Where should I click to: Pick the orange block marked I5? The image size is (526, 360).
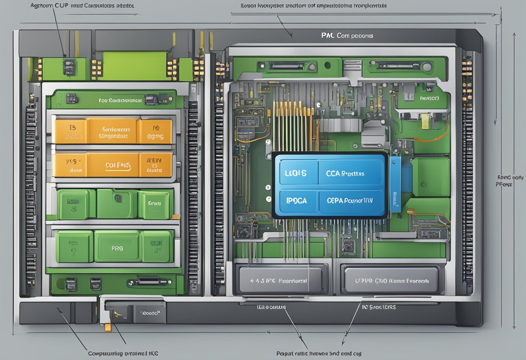tap(70, 131)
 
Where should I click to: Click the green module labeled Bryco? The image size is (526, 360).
tap(155, 204)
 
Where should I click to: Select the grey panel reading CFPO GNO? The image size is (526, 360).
tap(393, 280)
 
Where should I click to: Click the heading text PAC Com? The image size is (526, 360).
tap(347, 36)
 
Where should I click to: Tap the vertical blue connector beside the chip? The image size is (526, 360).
tap(395, 183)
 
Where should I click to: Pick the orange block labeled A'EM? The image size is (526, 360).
tap(155, 165)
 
